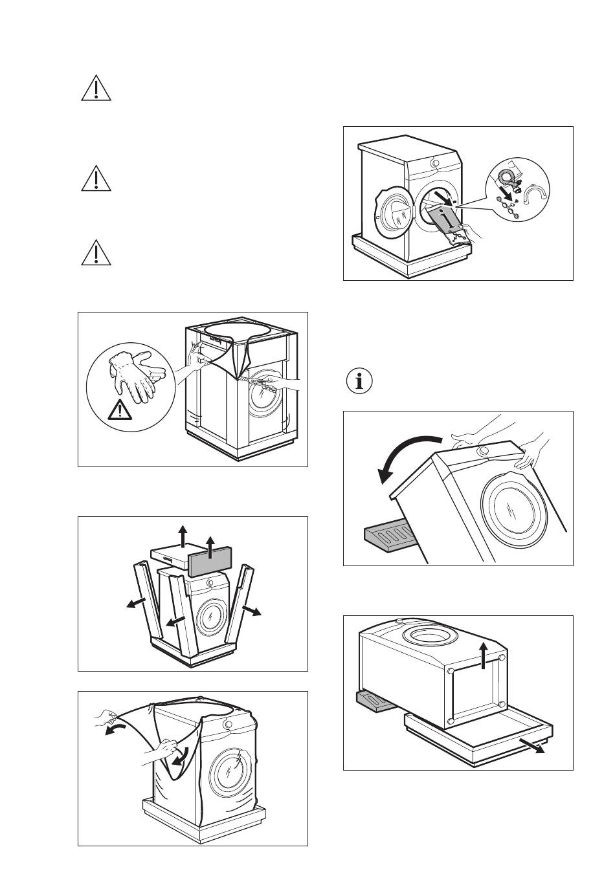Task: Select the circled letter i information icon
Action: (360, 380)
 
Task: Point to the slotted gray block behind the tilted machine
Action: (386, 536)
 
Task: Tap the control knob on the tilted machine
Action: (484, 451)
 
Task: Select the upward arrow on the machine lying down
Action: (485, 654)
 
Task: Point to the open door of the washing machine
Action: (392, 215)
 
